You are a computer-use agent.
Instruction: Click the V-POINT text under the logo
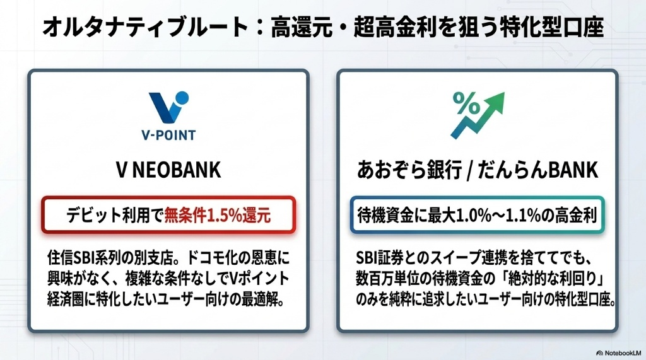pos(168,135)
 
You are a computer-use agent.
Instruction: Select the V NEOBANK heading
pos(168,170)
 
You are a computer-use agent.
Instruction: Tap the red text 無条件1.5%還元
pos(218,216)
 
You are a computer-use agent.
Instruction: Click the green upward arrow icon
pos(478,115)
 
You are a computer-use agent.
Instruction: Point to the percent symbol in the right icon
pos(466,103)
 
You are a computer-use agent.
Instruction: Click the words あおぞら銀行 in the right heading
pos(409,170)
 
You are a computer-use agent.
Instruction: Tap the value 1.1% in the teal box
pos(525,216)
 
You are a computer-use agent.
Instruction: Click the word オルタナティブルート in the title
pos(145,27)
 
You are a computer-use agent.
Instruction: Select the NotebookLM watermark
pos(618,353)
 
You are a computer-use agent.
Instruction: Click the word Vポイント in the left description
pos(259,279)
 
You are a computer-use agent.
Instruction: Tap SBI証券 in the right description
pos(379,258)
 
